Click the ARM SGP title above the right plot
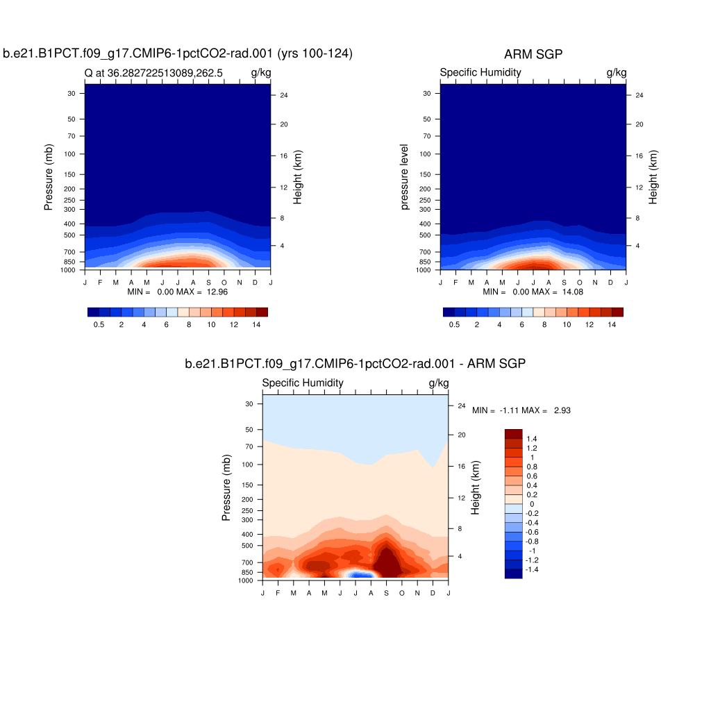pos(533,55)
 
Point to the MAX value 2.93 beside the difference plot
pos(562,410)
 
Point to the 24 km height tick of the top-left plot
pos(284,95)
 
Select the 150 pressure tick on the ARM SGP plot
pos(426,174)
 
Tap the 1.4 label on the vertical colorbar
pos(532,439)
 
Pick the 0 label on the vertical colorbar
pos(532,504)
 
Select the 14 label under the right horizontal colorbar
pos(612,325)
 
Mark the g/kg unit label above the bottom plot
pos(439,383)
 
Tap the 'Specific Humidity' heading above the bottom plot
pos(302,383)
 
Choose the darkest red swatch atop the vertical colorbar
pos(513,433)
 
